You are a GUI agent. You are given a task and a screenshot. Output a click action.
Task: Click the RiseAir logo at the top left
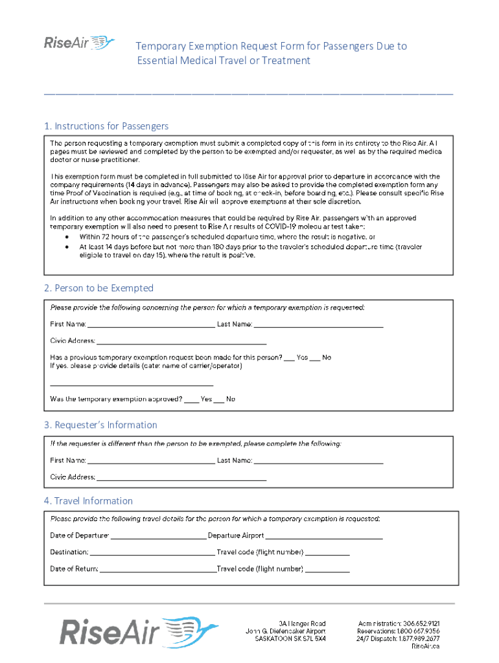pyautogui.click(x=78, y=43)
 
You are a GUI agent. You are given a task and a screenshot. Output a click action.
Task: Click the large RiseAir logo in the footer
pyautogui.click(x=139, y=632)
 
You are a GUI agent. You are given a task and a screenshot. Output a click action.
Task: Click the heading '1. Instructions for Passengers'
pyautogui.click(x=106, y=126)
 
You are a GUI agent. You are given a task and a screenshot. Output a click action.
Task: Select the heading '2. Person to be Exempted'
pyautogui.click(x=99, y=287)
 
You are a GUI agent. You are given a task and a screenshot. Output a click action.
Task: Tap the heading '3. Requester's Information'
pyautogui.click(x=100, y=425)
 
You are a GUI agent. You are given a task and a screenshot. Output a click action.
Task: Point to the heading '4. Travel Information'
pyautogui.click(x=88, y=500)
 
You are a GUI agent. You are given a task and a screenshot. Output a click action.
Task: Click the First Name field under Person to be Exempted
pyautogui.click(x=151, y=324)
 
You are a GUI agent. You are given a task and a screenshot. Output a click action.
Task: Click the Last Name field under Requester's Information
pyautogui.click(x=318, y=460)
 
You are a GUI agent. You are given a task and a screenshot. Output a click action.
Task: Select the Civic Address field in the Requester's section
pyautogui.click(x=181, y=477)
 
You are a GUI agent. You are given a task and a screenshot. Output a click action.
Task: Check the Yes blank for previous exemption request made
pyautogui.click(x=290, y=357)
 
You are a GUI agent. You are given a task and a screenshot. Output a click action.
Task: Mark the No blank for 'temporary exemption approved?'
pyautogui.click(x=219, y=399)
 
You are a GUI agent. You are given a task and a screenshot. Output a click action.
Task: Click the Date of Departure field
pyautogui.click(x=158, y=535)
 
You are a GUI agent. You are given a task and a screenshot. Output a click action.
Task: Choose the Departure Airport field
pyautogui.click(x=324, y=535)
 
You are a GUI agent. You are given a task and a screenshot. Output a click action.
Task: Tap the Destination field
pyautogui.click(x=152, y=552)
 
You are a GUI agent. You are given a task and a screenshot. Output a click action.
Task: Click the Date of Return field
pyautogui.click(x=158, y=569)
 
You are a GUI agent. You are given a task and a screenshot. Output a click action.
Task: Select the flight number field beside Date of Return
pyautogui.click(x=327, y=569)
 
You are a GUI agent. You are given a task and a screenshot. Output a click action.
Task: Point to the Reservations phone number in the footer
pyautogui.click(x=399, y=631)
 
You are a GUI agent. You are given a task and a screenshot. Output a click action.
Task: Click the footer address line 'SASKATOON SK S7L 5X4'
pyautogui.click(x=290, y=638)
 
